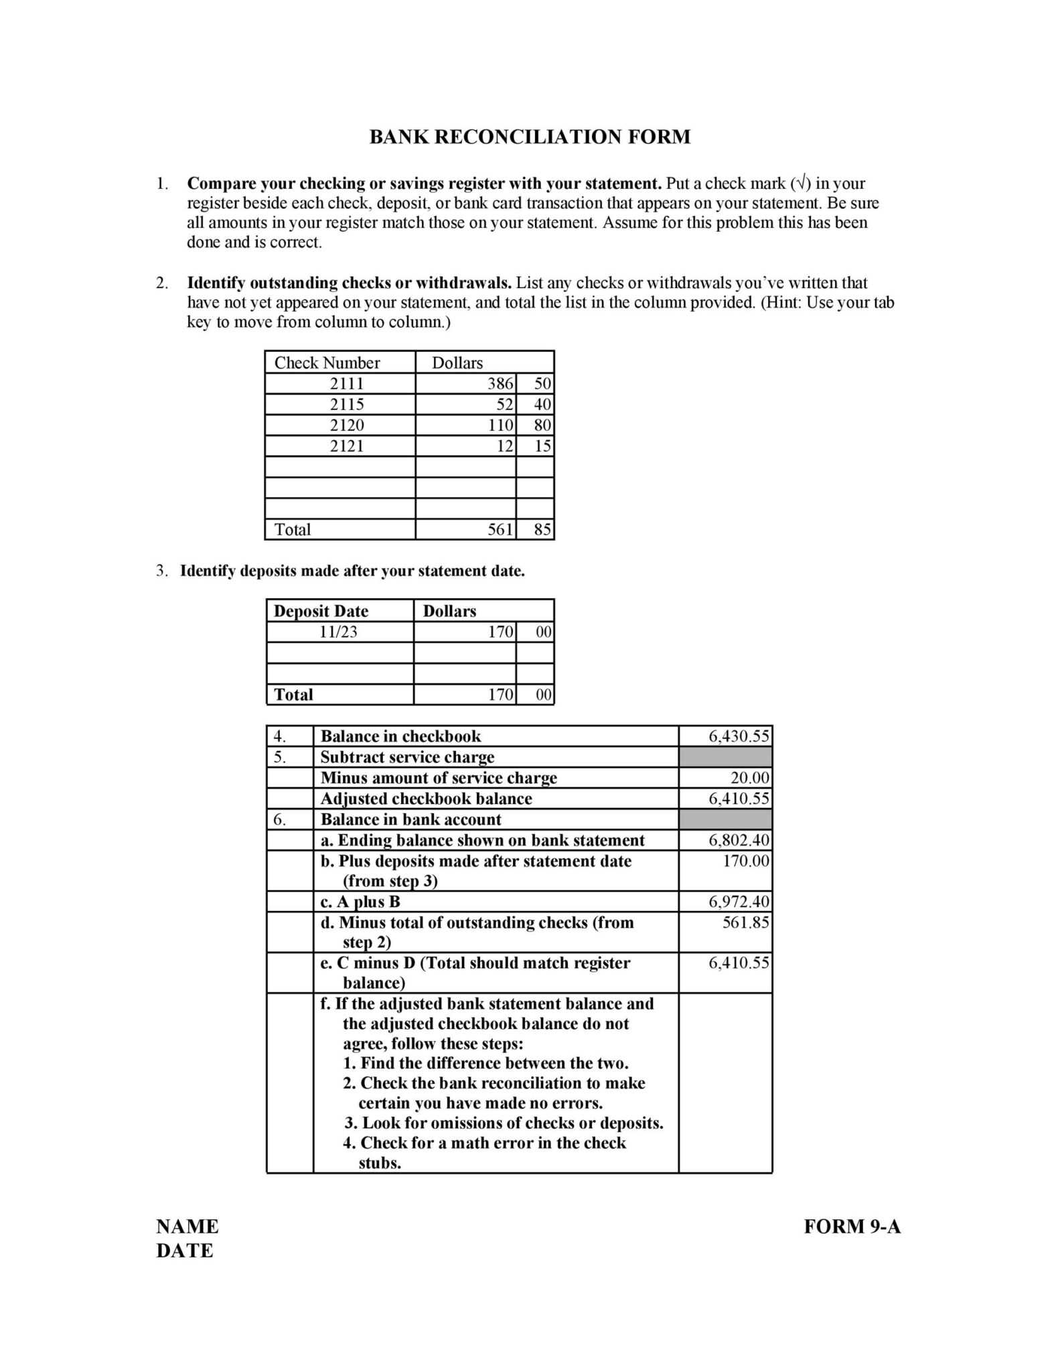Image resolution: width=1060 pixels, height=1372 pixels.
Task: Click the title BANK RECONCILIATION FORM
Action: click(x=530, y=137)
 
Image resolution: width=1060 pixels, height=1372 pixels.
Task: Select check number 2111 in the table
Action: click(x=346, y=384)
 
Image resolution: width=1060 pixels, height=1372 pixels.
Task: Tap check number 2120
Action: click(x=346, y=425)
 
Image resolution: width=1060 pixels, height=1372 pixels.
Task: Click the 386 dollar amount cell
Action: click(x=500, y=384)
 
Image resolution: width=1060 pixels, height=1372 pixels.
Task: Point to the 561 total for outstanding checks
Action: click(x=500, y=530)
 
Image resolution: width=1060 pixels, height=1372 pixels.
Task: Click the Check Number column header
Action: click(x=327, y=363)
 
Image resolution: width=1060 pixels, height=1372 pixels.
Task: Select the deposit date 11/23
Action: click(x=339, y=632)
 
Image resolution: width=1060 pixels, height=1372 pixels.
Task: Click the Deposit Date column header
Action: click(x=321, y=611)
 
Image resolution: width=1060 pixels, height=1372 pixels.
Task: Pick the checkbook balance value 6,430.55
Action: click(x=739, y=737)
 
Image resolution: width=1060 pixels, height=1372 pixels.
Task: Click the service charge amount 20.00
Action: click(x=749, y=778)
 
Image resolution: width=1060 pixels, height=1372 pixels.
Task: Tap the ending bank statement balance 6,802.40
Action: click(x=739, y=841)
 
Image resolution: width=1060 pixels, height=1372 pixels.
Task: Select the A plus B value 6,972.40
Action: click(x=739, y=902)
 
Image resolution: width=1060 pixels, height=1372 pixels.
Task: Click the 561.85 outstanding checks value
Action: click(x=745, y=923)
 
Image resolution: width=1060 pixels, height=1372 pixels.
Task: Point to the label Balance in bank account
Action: click(x=410, y=820)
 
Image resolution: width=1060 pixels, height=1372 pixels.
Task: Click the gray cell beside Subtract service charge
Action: click(x=725, y=758)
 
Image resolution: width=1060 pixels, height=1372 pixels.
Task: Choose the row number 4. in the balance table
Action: click(x=280, y=737)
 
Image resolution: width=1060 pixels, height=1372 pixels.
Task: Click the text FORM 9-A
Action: click(x=852, y=1227)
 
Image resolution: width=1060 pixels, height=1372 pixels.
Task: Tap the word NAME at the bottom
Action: click(x=187, y=1227)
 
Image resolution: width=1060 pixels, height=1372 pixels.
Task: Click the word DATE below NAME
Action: click(x=184, y=1251)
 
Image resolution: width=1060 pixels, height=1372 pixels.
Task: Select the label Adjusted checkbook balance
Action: click(x=426, y=799)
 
